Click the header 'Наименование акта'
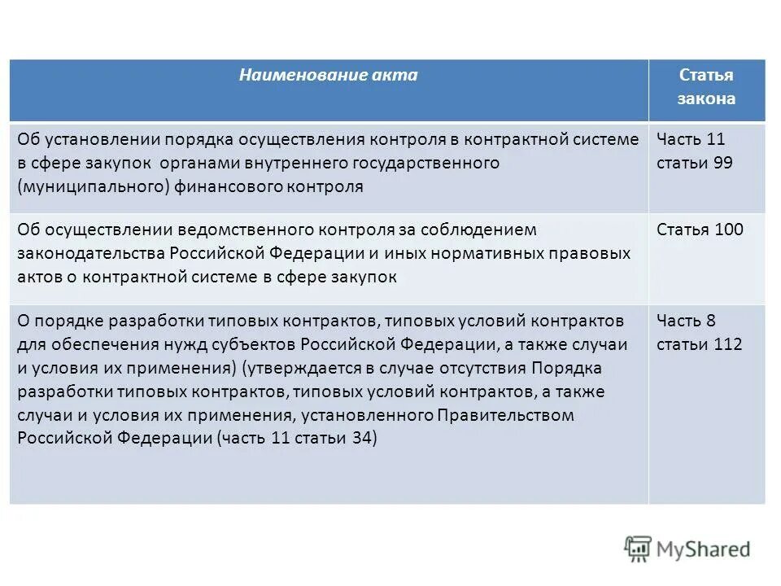328,75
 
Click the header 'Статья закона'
706,87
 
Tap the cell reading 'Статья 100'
700,230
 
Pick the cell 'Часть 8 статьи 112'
699,332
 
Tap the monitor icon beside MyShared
638,549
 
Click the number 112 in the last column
727,344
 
